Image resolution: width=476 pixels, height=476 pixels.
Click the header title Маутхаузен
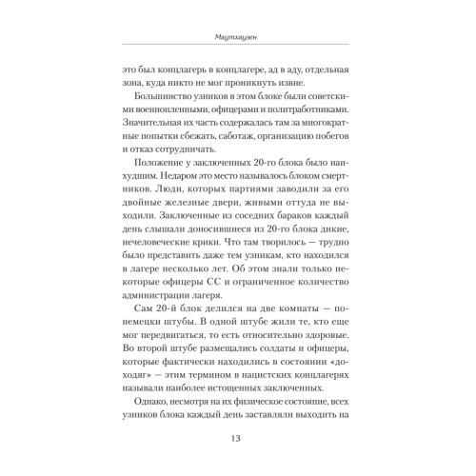point(237,39)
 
